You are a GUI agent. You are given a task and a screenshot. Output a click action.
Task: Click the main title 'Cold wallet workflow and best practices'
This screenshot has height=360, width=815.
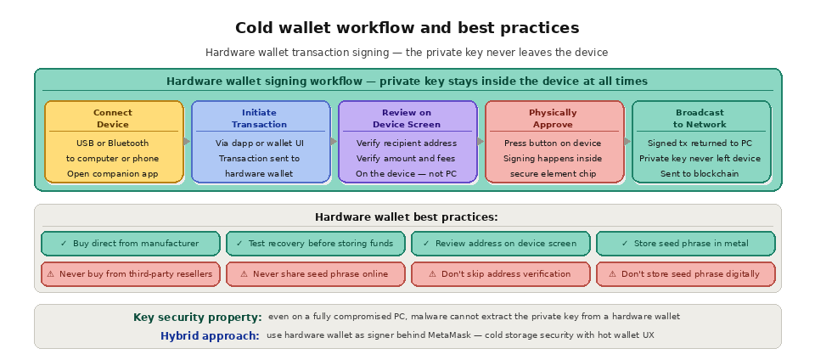(407, 28)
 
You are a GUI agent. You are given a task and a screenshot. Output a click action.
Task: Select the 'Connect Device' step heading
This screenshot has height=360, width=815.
(113, 118)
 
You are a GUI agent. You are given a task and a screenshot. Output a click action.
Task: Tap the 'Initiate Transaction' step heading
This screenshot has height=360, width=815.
(260, 118)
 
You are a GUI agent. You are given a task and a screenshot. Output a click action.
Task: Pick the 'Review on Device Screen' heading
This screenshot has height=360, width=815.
(407, 118)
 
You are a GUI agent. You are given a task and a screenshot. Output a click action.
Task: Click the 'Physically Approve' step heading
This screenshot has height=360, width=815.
(553, 118)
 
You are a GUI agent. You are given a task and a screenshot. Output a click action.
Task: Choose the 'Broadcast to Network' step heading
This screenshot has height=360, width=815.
(700, 118)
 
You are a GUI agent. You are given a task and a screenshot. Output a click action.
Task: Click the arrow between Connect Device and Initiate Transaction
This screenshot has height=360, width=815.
(188, 142)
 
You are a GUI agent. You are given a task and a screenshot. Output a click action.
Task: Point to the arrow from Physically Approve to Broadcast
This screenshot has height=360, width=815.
(627, 142)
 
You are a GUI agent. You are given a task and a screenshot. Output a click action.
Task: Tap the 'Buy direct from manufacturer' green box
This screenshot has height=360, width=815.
(130, 244)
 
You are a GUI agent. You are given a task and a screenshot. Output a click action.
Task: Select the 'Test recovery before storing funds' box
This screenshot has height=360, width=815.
(315, 244)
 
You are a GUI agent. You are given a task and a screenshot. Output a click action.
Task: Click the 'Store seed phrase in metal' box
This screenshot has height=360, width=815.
(685, 244)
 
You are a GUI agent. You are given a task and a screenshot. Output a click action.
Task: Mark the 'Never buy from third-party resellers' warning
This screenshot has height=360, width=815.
(130, 274)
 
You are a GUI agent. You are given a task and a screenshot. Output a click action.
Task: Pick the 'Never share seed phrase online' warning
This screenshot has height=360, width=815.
(315, 274)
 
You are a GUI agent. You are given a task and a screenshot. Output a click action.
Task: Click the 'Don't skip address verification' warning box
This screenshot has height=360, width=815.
(500, 274)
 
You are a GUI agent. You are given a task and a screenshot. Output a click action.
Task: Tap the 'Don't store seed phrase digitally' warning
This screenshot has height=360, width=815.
(685, 274)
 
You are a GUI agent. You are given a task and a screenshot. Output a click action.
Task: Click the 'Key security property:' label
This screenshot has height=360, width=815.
(197, 318)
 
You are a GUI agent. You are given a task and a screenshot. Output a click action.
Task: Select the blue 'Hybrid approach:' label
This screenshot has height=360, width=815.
(210, 336)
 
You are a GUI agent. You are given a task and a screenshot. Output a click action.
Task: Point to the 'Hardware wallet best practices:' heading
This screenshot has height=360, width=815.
(407, 217)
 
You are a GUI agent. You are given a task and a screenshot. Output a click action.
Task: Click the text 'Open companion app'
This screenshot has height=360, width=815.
(113, 174)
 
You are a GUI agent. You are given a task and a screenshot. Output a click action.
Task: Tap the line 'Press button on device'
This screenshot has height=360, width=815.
(553, 143)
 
